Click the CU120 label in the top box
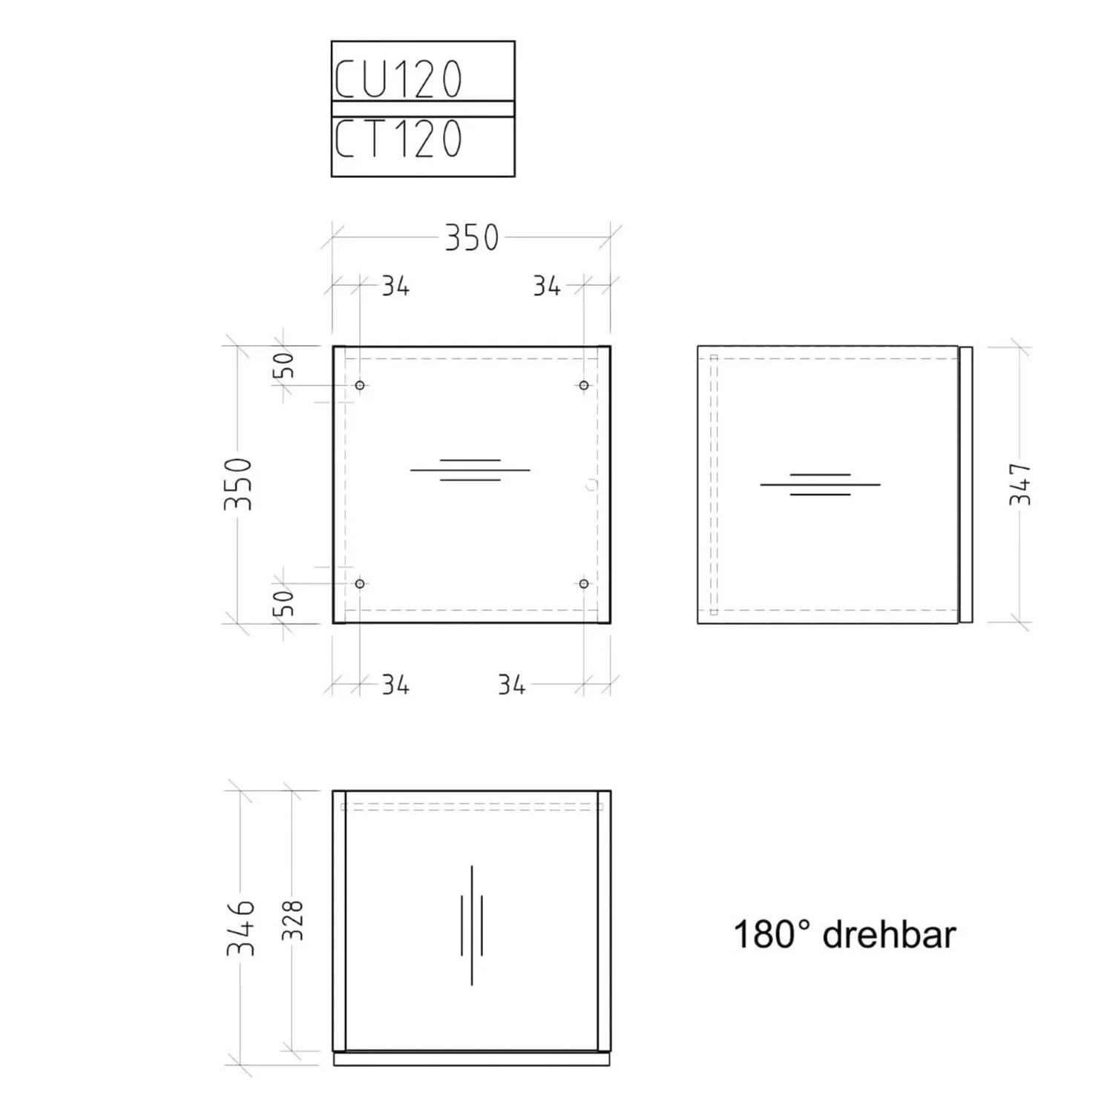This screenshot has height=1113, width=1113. [398, 79]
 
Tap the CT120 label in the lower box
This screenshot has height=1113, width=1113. [398, 139]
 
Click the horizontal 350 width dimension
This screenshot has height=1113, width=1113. [472, 238]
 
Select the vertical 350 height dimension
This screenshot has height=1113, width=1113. [239, 484]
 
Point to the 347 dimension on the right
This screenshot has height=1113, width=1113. [1021, 484]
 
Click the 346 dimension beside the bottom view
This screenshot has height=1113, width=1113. [241, 928]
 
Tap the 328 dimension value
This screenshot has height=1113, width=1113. [294, 920]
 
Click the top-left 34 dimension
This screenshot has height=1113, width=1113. [395, 286]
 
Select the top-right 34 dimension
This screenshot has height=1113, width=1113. [547, 286]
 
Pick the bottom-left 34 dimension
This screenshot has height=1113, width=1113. [395, 685]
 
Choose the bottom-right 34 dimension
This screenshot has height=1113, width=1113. [512, 685]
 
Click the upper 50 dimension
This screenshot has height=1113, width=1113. [284, 365]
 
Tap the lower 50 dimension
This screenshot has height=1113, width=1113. [284, 603]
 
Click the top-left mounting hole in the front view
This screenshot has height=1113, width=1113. [360, 385]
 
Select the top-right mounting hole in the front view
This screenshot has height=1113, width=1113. [584, 385]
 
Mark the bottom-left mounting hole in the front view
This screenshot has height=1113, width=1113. [360, 584]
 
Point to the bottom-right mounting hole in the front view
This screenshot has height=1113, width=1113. [584, 584]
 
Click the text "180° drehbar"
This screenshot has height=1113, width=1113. [844, 935]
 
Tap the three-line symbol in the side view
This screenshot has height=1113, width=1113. [820, 485]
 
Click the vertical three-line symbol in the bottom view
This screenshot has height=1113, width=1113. [472, 925]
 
